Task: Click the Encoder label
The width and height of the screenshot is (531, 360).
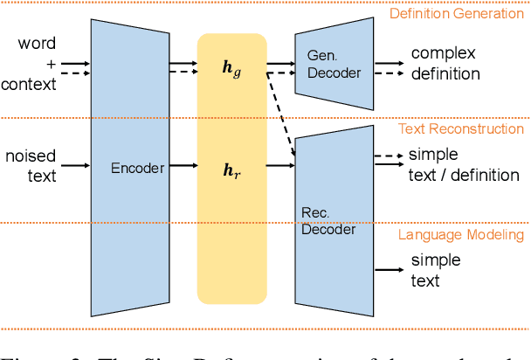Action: point(137,168)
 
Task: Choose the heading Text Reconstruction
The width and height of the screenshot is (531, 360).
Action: point(461,129)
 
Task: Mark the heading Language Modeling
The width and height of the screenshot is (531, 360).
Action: point(461,234)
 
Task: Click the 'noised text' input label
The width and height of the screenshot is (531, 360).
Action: point(31,165)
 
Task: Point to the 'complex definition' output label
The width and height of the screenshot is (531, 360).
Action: point(445,64)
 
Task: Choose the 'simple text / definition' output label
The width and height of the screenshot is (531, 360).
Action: point(463,165)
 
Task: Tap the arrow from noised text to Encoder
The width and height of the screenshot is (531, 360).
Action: point(74,164)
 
